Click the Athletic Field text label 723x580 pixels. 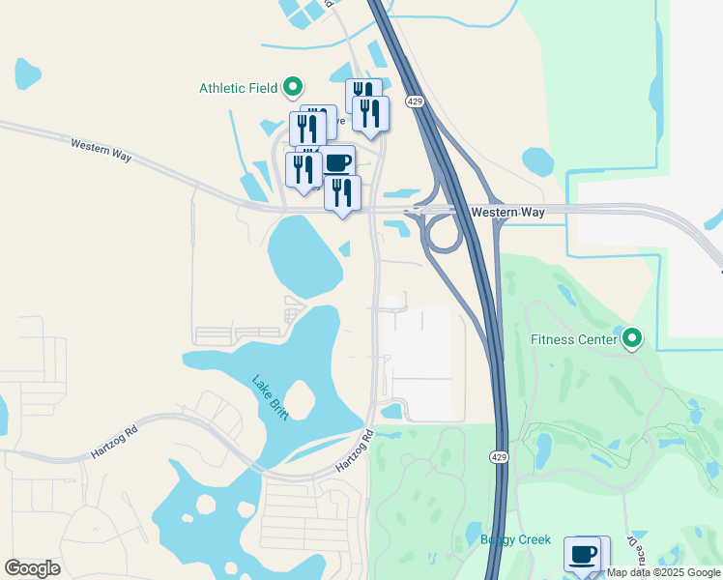pos(238,88)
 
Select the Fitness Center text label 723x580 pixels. pos(573,339)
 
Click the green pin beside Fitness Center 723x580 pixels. pos(632,338)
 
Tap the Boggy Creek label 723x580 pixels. pos(515,540)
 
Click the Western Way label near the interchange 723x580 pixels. pos(507,212)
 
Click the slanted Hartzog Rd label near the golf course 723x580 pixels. pos(355,450)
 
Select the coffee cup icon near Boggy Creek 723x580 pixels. pos(583,554)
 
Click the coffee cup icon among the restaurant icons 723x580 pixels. pos(337,161)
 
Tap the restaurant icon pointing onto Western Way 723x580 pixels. pos(342,192)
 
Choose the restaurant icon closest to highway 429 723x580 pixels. pos(370,112)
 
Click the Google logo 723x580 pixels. pos(32,568)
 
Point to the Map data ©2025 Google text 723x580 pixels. pos(663,572)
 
